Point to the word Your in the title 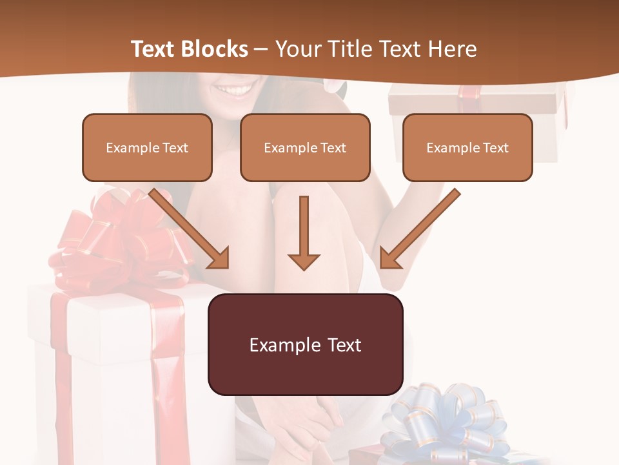point(299,49)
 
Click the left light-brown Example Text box point(147,147)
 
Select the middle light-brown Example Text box point(305,147)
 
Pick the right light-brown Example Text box point(467,147)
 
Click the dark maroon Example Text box point(305,344)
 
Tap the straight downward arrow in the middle point(304,232)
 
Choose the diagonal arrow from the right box point(420,229)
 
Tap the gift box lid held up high point(474,103)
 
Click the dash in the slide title point(261,49)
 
